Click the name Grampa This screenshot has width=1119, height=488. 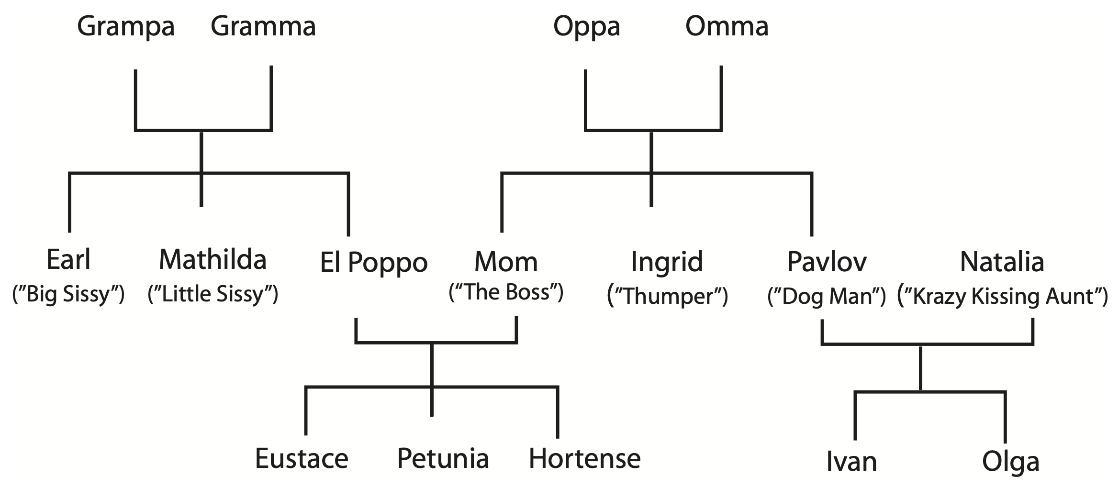[x=125, y=27]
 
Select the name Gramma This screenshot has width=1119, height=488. [x=263, y=26]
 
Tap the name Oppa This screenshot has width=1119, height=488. [x=586, y=27]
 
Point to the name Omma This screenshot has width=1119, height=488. [x=727, y=26]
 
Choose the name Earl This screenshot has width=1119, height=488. [x=68, y=260]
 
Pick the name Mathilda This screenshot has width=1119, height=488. [x=213, y=260]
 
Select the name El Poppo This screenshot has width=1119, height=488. [x=373, y=263]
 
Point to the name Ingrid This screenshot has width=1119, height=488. [x=667, y=262]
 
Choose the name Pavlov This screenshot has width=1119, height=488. [x=827, y=262]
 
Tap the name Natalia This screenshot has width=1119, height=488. [x=1002, y=262]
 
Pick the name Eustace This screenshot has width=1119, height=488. [x=302, y=458]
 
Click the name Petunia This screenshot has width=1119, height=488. [x=443, y=458]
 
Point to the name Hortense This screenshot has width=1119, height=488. [x=584, y=458]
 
